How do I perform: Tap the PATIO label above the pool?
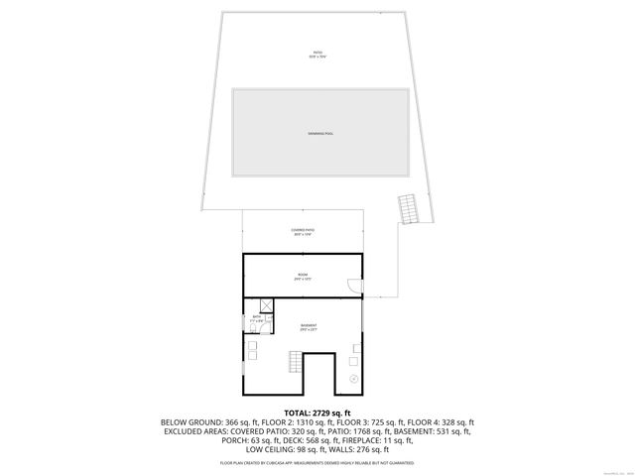pos(317,54)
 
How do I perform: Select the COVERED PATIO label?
pos(303,232)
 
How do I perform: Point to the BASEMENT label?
pos(309,325)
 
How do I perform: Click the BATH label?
pos(256,318)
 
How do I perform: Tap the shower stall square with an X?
pos(266,305)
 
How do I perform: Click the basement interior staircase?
pos(294,361)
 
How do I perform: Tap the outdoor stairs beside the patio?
pos(408,208)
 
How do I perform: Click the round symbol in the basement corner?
pos(354,379)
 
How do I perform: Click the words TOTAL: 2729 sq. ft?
pos(317,412)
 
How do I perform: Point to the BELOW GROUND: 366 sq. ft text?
pos(205,421)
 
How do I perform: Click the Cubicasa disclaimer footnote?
pos(317,463)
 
